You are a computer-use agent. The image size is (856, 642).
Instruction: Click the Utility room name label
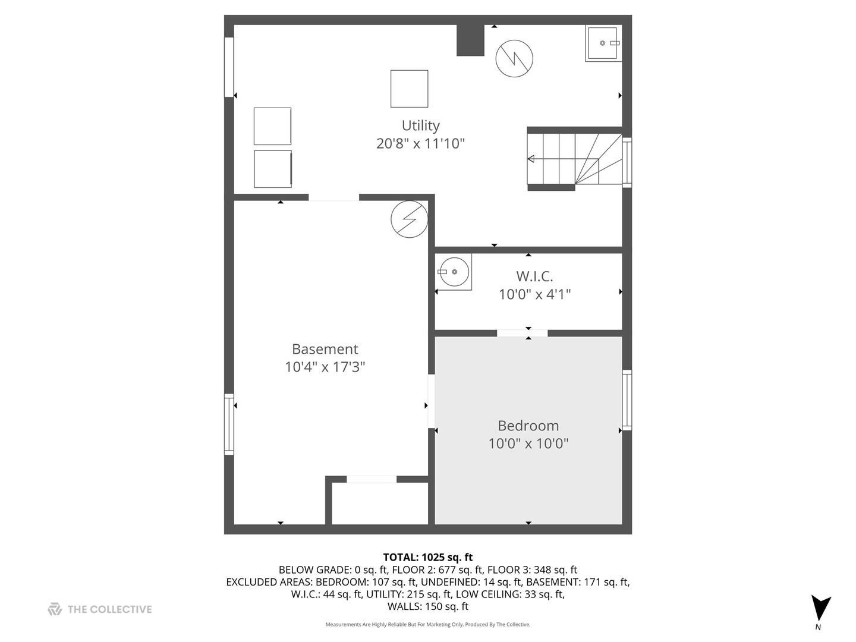click(420, 125)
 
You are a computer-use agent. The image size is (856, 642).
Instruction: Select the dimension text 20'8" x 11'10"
click(420, 144)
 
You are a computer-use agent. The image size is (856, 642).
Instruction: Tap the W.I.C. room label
click(534, 276)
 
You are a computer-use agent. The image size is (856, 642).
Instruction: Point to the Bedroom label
click(528, 426)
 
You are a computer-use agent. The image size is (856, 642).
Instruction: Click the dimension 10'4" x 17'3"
click(325, 367)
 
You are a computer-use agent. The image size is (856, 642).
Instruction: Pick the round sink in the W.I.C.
click(454, 272)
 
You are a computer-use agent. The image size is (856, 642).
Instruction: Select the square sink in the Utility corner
click(603, 43)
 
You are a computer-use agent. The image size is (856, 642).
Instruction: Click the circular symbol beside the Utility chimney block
click(514, 58)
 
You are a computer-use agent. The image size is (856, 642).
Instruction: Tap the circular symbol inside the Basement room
click(409, 219)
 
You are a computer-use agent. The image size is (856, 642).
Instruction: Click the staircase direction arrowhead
click(530, 159)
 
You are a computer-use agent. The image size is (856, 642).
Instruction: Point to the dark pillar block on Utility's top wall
click(470, 40)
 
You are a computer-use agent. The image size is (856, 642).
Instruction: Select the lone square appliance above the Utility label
click(409, 89)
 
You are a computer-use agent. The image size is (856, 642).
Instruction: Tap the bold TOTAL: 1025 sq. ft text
click(428, 558)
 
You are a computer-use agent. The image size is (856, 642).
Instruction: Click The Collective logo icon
click(55, 609)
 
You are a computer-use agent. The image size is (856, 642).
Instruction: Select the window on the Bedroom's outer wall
click(627, 400)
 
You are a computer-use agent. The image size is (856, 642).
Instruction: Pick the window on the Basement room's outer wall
click(229, 424)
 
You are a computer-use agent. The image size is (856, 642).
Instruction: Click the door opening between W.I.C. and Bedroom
click(522, 333)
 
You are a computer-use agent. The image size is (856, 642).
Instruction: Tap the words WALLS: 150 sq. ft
click(428, 606)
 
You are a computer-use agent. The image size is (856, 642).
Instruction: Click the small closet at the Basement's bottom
click(380, 503)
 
